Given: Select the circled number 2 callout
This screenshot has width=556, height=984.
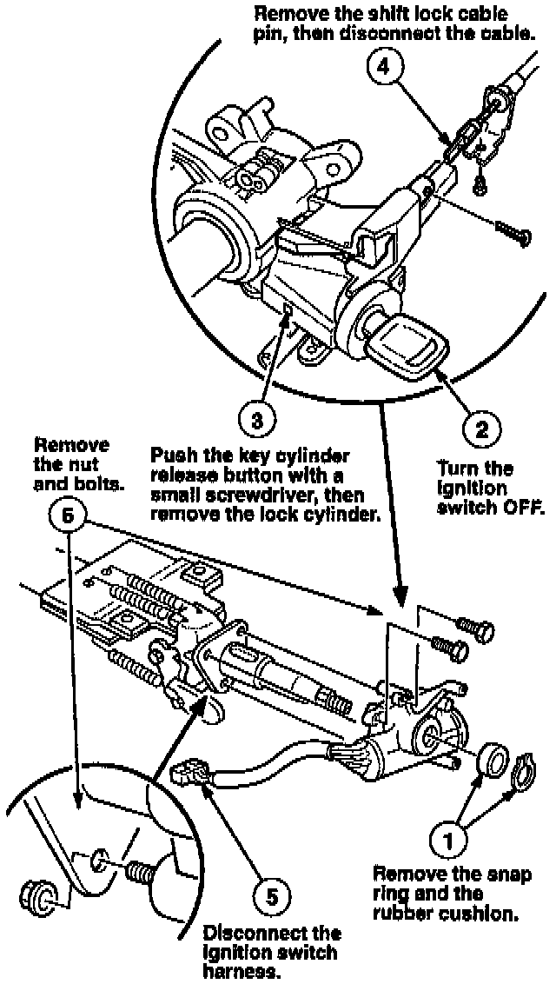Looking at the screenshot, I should click(x=479, y=426).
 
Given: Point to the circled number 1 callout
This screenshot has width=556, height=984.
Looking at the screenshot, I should click(x=449, y=841).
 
